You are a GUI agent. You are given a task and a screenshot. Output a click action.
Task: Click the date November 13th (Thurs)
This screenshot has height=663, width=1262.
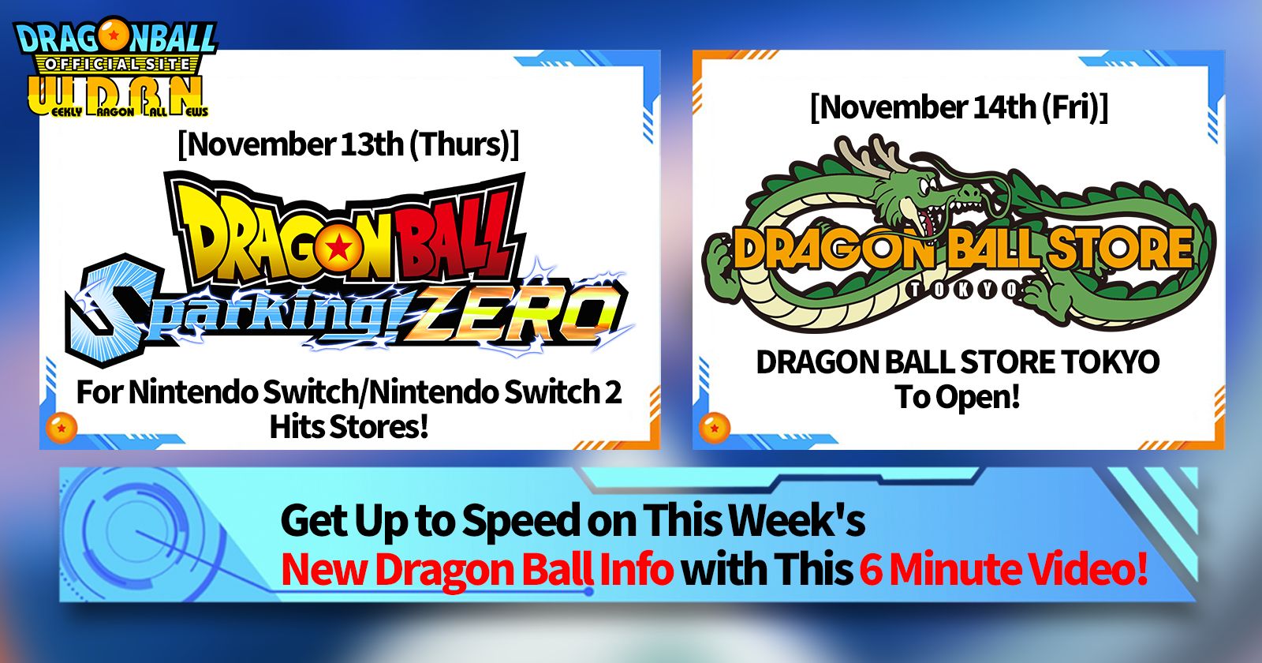point(348,144)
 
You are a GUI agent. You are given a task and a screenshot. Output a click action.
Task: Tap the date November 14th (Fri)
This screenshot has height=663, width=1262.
point(958,107)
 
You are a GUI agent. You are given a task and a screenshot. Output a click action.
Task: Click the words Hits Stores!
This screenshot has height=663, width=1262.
point(349,426)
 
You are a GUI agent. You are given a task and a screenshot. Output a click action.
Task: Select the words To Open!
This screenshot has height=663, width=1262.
point(958,396)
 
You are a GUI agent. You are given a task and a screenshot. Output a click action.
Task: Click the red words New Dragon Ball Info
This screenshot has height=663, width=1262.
point(476,568)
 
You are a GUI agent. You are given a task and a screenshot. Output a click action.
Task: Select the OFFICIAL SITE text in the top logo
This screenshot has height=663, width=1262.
point(118,64)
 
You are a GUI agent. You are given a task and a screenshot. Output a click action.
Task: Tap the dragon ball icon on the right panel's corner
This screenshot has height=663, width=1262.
point(714,427)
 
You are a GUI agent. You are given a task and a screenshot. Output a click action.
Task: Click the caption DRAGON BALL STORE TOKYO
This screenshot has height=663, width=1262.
point(958,362)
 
